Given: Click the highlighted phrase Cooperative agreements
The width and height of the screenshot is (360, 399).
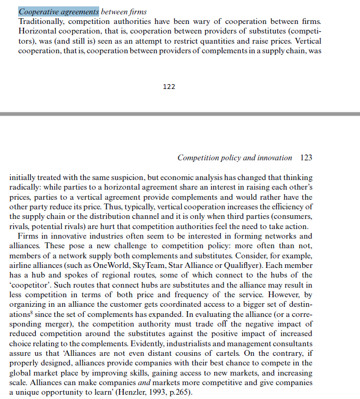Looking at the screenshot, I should point(59,12).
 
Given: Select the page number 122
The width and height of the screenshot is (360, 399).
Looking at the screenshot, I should point(169,86).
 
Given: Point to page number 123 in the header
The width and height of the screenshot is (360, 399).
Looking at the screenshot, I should point(306,158).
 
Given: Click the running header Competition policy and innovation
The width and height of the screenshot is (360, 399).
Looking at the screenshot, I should point(235,158).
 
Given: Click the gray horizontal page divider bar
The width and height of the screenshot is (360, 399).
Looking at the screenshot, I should point(180,114).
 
